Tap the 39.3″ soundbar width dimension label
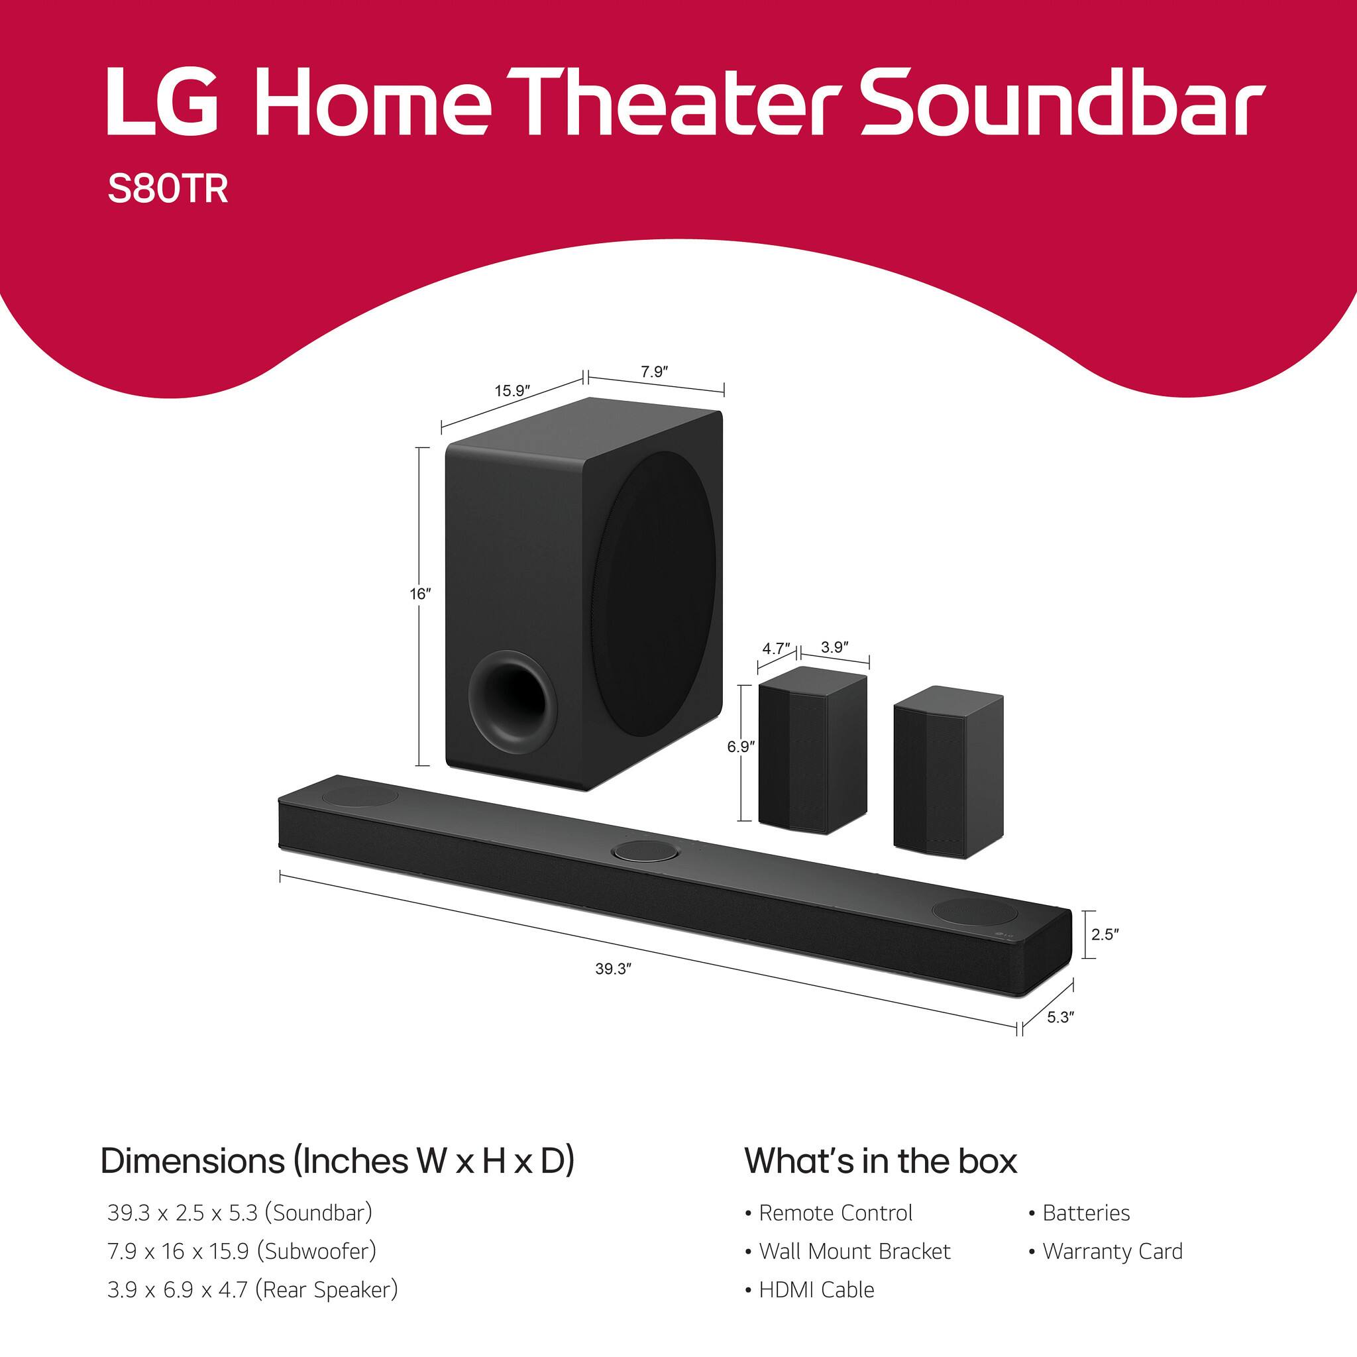tap(613, 969)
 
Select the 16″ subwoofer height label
tap(420, 594)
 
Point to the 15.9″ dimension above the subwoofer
tap(512, 390)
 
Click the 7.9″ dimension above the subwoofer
tap(653, 372)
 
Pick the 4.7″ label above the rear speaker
tap(776, 648)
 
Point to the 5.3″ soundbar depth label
tap(1061, 1017)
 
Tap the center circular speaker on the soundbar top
tap(646, 851)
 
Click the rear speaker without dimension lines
tap(948, 771)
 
